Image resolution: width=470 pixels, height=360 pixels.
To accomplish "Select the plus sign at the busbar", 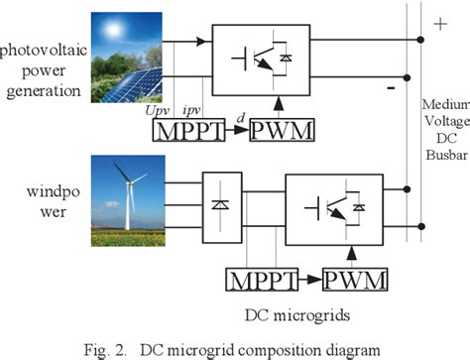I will click(438, 23).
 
